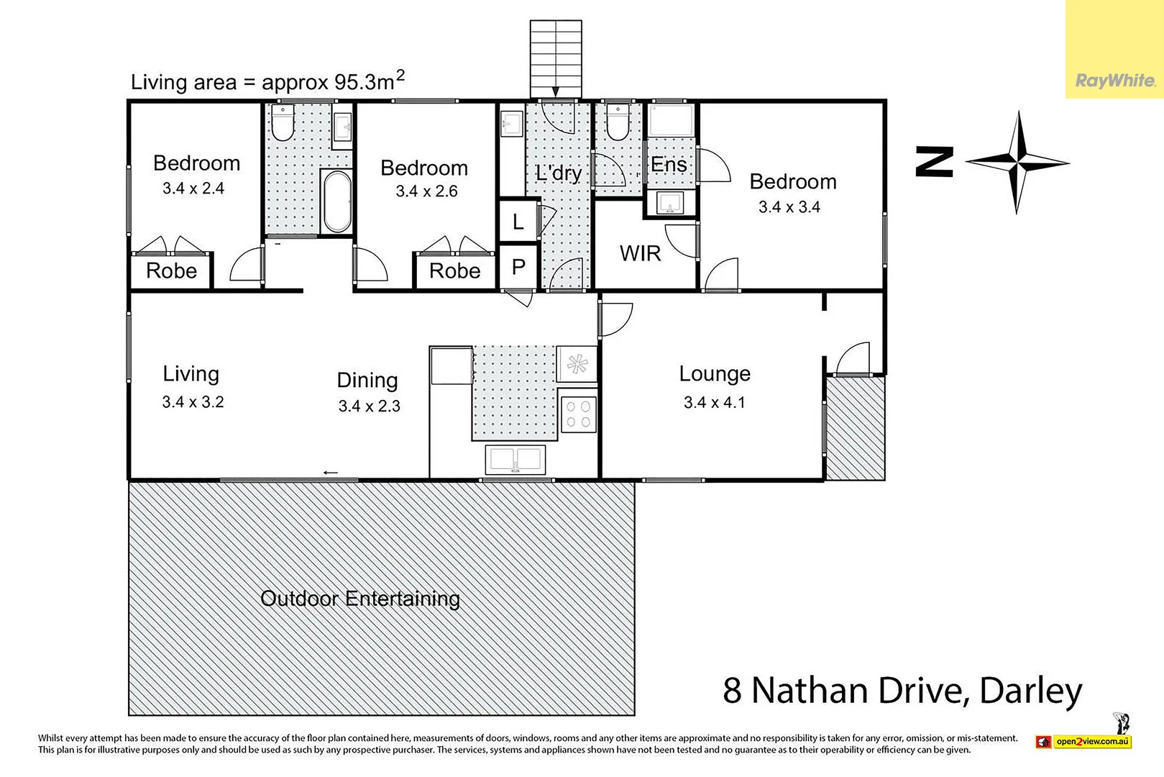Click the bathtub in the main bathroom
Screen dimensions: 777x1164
[x=336, y=201]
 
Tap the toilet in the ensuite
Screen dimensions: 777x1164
[x=617, y=122]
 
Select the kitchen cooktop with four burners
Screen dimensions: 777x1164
[x=578, y=414]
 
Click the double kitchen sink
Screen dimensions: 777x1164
[x=515, y=459]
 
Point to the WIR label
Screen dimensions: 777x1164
[x=640, y=253]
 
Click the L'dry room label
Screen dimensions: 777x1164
[x=558, y=173]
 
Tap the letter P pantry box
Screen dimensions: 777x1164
[x=518, y=268]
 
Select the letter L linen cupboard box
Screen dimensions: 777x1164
[x=518, y=222]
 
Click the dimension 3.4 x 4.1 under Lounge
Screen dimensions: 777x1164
[x=714, y=403]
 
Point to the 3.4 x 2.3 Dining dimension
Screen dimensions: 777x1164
[x=369, y=406]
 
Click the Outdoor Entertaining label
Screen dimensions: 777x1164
[x=360, y=599]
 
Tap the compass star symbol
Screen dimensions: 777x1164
[x=1017, y=162]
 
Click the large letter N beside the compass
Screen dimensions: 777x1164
[x=934, y=162]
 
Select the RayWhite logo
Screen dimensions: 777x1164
[x=1114, y=81]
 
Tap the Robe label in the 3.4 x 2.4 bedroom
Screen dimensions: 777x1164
[x=171, y=271]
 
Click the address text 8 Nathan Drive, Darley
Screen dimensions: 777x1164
[x=902, y=691]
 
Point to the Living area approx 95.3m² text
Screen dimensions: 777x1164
[x=267, y=81]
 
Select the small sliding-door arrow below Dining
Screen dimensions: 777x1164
[x=330, y=473]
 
